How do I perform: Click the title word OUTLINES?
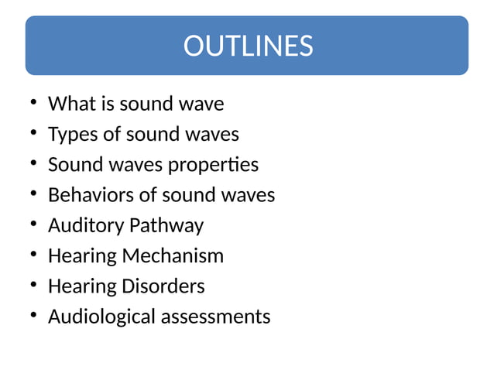tap(248, 46)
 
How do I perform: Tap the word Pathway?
tap(166, 226)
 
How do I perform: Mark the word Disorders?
tap(163, 286)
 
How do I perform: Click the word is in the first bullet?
tap(105, 104)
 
